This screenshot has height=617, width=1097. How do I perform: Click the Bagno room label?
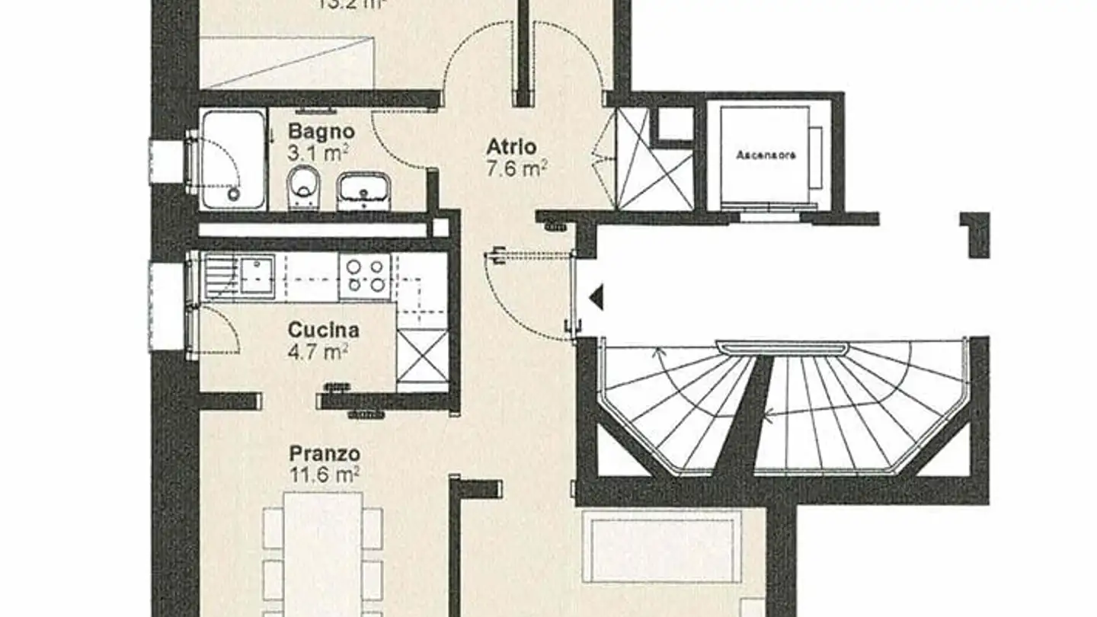pos(321,131)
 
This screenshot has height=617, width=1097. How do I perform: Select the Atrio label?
pos(512,146)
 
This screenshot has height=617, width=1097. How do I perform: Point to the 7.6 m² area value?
pos(517,168)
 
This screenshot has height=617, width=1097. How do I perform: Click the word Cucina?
pos(324,331)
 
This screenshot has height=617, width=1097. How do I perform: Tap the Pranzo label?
pos(325,454)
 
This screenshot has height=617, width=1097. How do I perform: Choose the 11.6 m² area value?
pos(325,475)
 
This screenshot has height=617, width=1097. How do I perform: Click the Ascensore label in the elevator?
pos(766,155)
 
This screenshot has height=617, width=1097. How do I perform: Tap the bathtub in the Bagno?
pos(233,159)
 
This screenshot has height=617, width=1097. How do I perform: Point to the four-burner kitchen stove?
pos(365,275)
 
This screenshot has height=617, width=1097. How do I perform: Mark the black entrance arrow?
pos(596,296)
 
